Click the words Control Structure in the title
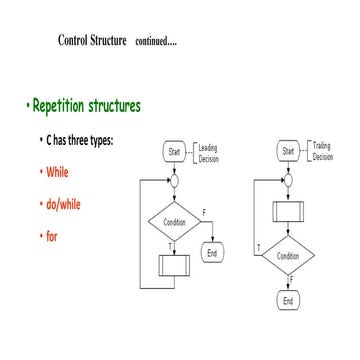click(x=93, y=41)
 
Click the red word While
click(x=57, y=172)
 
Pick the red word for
click(x=52, y=237)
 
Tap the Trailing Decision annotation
click(x=322, y=151)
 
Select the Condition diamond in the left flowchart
click(x=174, y=222)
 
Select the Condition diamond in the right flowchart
click(x=288, y=256)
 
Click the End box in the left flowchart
click(x=212, y=253)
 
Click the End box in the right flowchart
click(x=288, y=300)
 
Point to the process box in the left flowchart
click(x=174, y=266)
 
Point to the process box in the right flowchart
click(x=288, y=212)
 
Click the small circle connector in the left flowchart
click(x=174, y=181)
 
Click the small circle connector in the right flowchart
click(x=288, y=180)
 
